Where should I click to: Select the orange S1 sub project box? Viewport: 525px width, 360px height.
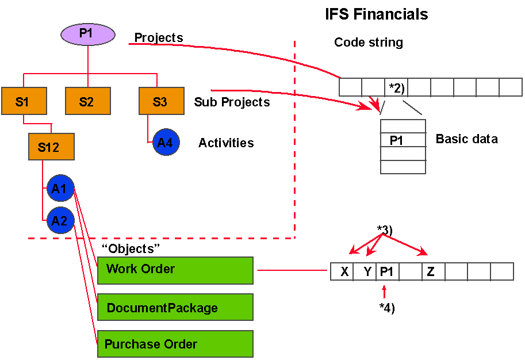point(22,101)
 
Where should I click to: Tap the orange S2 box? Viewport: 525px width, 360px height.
point(87,101)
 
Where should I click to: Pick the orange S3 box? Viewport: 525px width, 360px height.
point(160,101)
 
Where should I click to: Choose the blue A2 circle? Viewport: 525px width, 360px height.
point(60,220)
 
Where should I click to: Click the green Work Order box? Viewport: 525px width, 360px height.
point(175,270)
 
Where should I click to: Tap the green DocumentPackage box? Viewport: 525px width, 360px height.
point(175,307)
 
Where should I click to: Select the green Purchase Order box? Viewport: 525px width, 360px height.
point(175,344)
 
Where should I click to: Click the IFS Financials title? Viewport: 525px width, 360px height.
point(377,14)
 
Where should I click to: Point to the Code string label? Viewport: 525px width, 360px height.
point(369,43)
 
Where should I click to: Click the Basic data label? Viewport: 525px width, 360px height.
point(466,139)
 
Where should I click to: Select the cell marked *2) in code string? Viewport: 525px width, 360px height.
point(396,87)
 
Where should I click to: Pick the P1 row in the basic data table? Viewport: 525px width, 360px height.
point(403,140)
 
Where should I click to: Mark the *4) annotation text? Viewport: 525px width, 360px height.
point(387,308)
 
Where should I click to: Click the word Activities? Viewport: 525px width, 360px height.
point(226,143)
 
